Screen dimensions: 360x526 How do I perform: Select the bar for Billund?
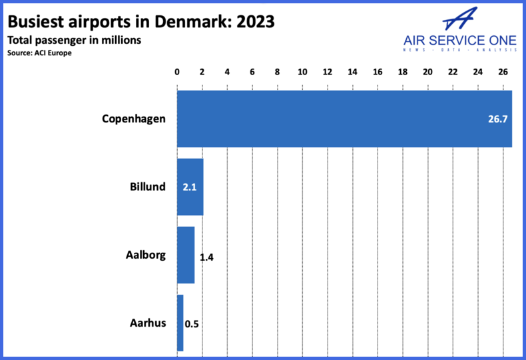pyautogui.click(x=190, y=187)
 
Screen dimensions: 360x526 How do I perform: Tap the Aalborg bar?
pyautogui.click(x=186, y=255)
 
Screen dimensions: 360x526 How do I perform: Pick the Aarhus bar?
pyautogui.click(x=180, y=323)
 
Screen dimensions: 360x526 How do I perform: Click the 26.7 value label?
pyautogui.click(x=498, y=119)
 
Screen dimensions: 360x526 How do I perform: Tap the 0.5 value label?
pyautogui.click(x=192, y=324)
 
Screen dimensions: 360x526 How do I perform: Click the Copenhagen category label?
pyautogui.click(x=133, y=119)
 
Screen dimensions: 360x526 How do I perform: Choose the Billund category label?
pyautogui.click(x=147, y=187)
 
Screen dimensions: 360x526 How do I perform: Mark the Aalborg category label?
pyautogui.click(x=145, y=255)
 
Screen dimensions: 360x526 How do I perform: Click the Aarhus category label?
pyautogui.click(x=147, y=324)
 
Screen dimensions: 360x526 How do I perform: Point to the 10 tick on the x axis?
pyautogui.click(x=302, y=71)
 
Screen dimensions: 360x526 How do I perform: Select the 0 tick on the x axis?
pyautogui.click(x=177, y=71)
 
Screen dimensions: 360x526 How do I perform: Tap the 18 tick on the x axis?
pyautogui.click(x=403, y=71)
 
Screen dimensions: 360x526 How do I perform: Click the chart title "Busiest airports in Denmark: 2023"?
pyautogui.click(x=141, y=21)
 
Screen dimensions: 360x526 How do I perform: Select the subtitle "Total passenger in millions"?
pyautogui.click(x=74, y=40)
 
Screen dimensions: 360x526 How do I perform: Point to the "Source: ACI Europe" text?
pyautogui.click(x=39, y=53)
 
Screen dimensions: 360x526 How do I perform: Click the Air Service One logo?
pyautogui.click(x=459, y=32)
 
